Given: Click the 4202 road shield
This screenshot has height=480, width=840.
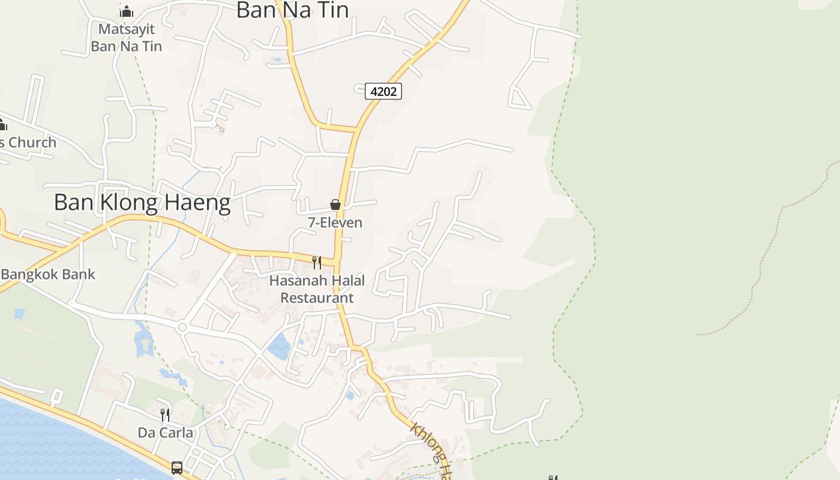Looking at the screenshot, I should click(x=383, y=91).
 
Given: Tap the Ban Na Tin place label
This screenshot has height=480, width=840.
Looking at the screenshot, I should click(x=292, y=10).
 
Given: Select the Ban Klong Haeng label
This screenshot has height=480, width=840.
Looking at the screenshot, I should click(x=142, y=203).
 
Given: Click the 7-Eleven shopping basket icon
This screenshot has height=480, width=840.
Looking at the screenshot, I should click(x=335, y=205).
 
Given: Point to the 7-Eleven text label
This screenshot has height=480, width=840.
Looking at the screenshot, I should click(x=335, y=223).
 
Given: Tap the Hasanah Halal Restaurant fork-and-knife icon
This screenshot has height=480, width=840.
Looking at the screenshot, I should click(x=317, y=262).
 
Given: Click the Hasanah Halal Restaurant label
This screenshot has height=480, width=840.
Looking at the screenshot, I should click(x=317, y=289).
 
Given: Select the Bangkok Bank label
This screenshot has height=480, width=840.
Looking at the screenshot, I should click(x=48, y=274).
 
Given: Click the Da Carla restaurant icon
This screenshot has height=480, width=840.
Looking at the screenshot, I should click(x=164, y=415).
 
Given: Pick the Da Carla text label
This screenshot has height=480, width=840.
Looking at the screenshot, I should click(x=166, y=433).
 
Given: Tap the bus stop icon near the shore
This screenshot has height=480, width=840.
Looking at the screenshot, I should click(x=177, y=467).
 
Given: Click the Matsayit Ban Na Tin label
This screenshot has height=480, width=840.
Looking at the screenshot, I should click(x=126, y=37).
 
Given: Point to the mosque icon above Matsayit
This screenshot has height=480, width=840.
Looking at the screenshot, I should click(x=126, y=12).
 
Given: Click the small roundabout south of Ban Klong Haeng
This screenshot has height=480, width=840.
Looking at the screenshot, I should click(x=182, y=327).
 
